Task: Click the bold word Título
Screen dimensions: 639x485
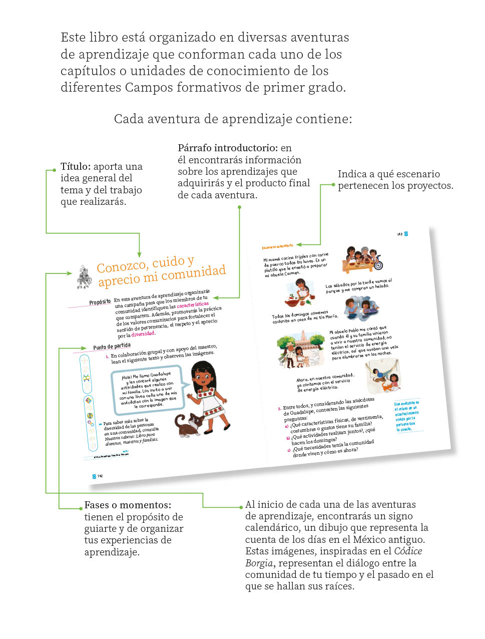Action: pos(75,167)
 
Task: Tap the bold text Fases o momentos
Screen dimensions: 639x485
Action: pos(128,505)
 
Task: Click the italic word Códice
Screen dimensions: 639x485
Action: pos(408,551)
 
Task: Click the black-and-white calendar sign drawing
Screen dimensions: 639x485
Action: pos(84,277)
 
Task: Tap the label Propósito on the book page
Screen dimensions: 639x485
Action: pos(100,302)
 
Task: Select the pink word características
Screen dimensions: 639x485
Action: pos(192,305)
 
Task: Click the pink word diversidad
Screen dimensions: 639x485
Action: pos(143,334)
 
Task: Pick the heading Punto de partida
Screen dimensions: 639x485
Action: pos(112,346)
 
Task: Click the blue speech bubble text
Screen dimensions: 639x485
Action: pos(148,390)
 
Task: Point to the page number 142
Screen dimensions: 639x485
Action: pos(100,476)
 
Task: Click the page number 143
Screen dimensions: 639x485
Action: pos(399,234)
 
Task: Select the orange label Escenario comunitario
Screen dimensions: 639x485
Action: pos(277,246)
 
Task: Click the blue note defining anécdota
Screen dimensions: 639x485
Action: pos(406,416)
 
